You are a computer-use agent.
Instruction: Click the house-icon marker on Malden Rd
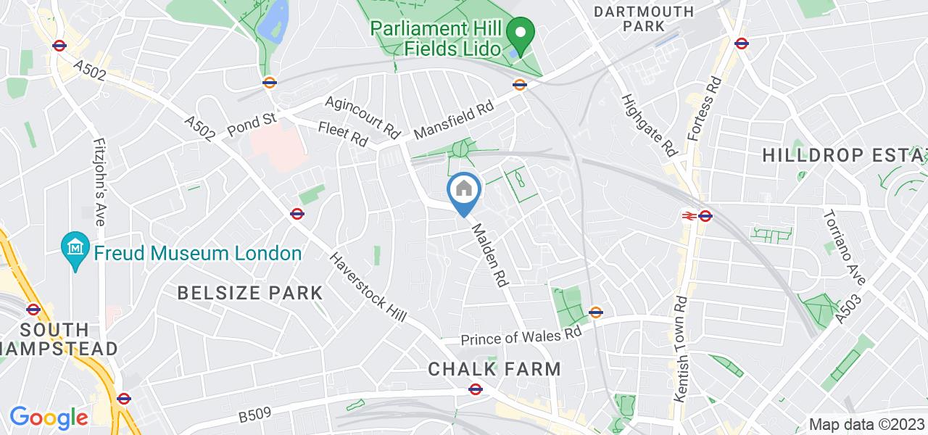[x=464, y=191]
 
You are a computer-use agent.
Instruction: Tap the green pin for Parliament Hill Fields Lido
[x=520, y=33]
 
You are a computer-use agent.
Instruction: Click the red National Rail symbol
[x=687, y=215]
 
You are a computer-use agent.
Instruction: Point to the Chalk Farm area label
[x=494, y=368]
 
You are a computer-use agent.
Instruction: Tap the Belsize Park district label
[x=251, y=293]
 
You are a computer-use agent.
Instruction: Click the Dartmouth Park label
[x=643, y=19]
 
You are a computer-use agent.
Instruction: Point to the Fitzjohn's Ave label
[x=98, y=181]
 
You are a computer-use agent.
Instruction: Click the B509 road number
[x=254, y=415]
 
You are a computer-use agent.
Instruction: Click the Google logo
[x=49, y=418]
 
